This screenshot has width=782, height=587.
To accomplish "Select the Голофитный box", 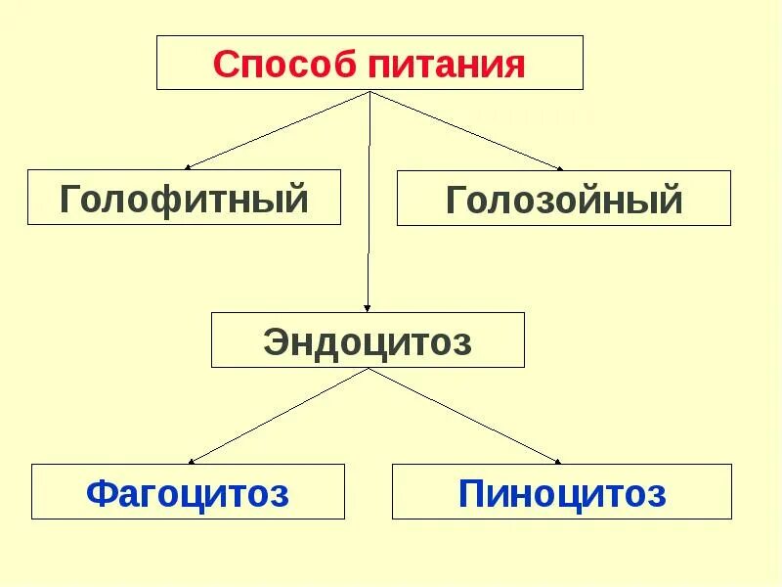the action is (184, 197).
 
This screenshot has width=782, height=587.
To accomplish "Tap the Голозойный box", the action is (563, 199).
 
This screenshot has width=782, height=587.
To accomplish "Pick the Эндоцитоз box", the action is (368, 340).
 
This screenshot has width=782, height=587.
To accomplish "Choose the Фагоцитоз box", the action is (188, 491).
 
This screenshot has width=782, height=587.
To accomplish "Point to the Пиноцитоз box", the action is (561, 491).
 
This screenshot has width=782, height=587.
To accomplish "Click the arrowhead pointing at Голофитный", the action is (189, 167).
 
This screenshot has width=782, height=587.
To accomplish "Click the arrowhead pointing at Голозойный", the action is (559, 168).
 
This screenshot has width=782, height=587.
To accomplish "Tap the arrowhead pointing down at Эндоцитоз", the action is (368, 307).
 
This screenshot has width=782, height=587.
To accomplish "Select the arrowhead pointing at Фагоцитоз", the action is (193, 461).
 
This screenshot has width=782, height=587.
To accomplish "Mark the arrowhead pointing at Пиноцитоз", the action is (558, 461).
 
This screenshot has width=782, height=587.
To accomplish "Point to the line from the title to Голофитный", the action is (279, 129).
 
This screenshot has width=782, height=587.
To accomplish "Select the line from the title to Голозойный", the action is (464, 129).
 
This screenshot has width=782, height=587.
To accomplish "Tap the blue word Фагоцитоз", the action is (188, 493).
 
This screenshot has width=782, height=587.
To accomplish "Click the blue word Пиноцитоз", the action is (561, 493).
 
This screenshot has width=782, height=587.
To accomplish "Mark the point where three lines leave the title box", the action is (369, 91).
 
